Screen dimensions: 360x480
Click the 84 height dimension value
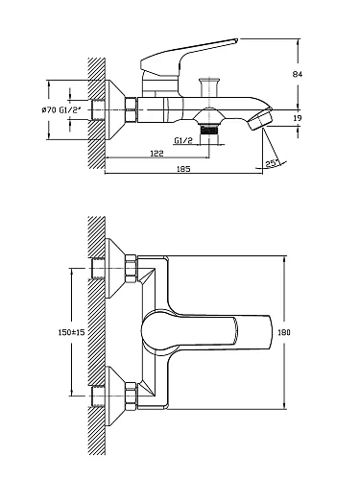click(x=298, y=74)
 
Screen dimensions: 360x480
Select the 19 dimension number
click(x=298, y=118)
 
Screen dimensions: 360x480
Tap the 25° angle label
click(x=271, y=163)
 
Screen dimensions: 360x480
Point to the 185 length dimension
click(x=183, y=169)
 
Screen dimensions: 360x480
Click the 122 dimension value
click(x=156, y=154)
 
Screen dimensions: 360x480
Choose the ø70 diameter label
click(x=49, y=110)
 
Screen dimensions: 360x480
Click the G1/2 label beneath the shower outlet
click(x=183, y=140)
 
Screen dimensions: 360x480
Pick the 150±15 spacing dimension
click(x=71, y=332)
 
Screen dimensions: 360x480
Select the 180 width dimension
click(x=284, y=332)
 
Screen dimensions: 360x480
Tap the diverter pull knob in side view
click(x=209, y=86)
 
